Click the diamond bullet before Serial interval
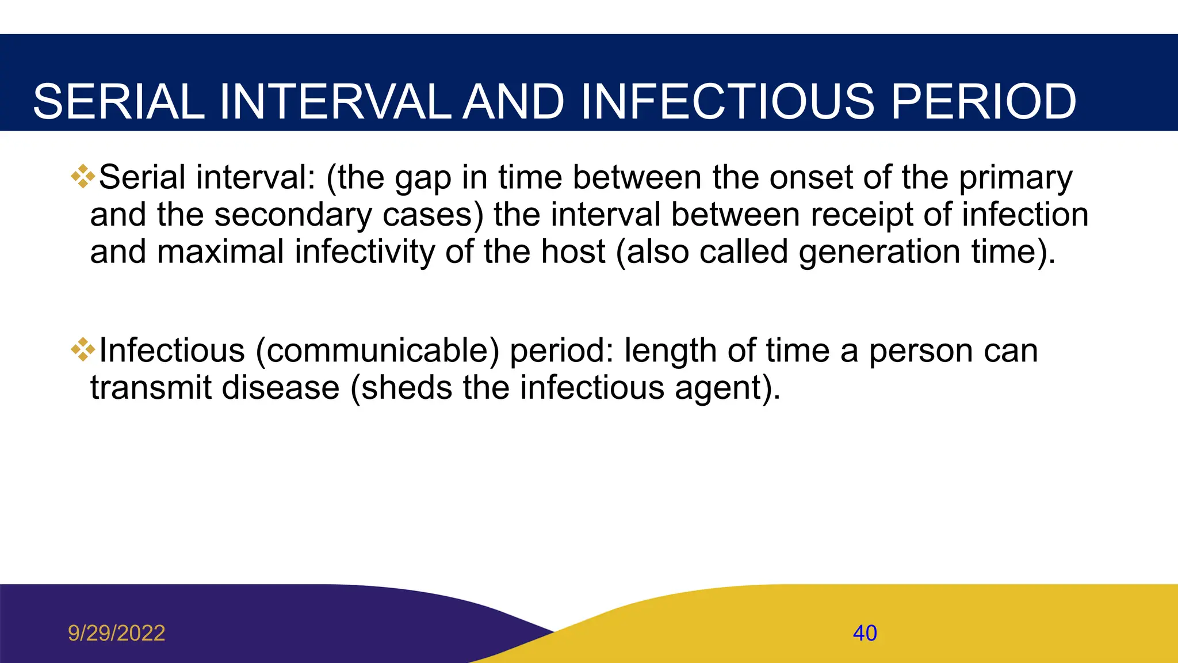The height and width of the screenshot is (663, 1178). click(x=83, y=176)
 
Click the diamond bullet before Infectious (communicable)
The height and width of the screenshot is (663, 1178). click(x=83, y=349)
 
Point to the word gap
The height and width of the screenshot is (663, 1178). click(x=423, y=178)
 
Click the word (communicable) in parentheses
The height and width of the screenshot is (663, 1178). click(x=377, y=351)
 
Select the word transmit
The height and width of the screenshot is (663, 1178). click(x=151, y=387)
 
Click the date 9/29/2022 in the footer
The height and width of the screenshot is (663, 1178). click(x=116, y=633)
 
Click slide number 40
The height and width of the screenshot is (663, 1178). click(x=865, y=633)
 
